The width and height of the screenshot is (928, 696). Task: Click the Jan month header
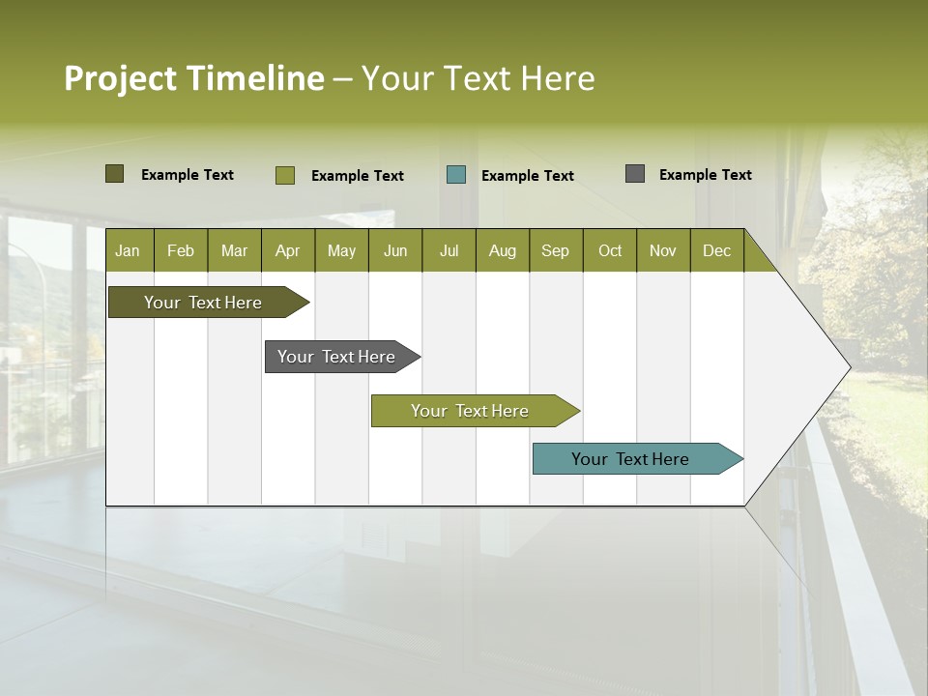(x=129, y=251)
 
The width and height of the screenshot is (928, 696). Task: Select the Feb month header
(x=181, y=251)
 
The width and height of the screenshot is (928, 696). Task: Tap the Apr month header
(x=287, y=251)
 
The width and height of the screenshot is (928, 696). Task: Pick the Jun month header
(x=395, y=251)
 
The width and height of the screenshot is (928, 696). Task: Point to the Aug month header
(x=502, y=251)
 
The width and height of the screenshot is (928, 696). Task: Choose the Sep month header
(x=555, y=251)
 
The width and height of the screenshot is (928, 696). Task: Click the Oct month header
(x=610, y=251)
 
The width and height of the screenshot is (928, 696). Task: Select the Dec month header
(x=716, y=251)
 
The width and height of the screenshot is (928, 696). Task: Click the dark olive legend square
(x=114, y=174)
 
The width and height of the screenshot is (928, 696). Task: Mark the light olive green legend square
(x=284, y=175)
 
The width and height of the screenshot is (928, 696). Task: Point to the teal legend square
(x=456, y=175)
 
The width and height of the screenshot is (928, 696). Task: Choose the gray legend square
(x=634, y=174)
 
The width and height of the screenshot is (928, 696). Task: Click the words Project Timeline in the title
(x=193, y=78)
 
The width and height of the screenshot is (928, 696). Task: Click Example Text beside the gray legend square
(x=705, y=175)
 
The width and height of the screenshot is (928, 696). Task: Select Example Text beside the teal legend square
(x=527, y=176)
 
